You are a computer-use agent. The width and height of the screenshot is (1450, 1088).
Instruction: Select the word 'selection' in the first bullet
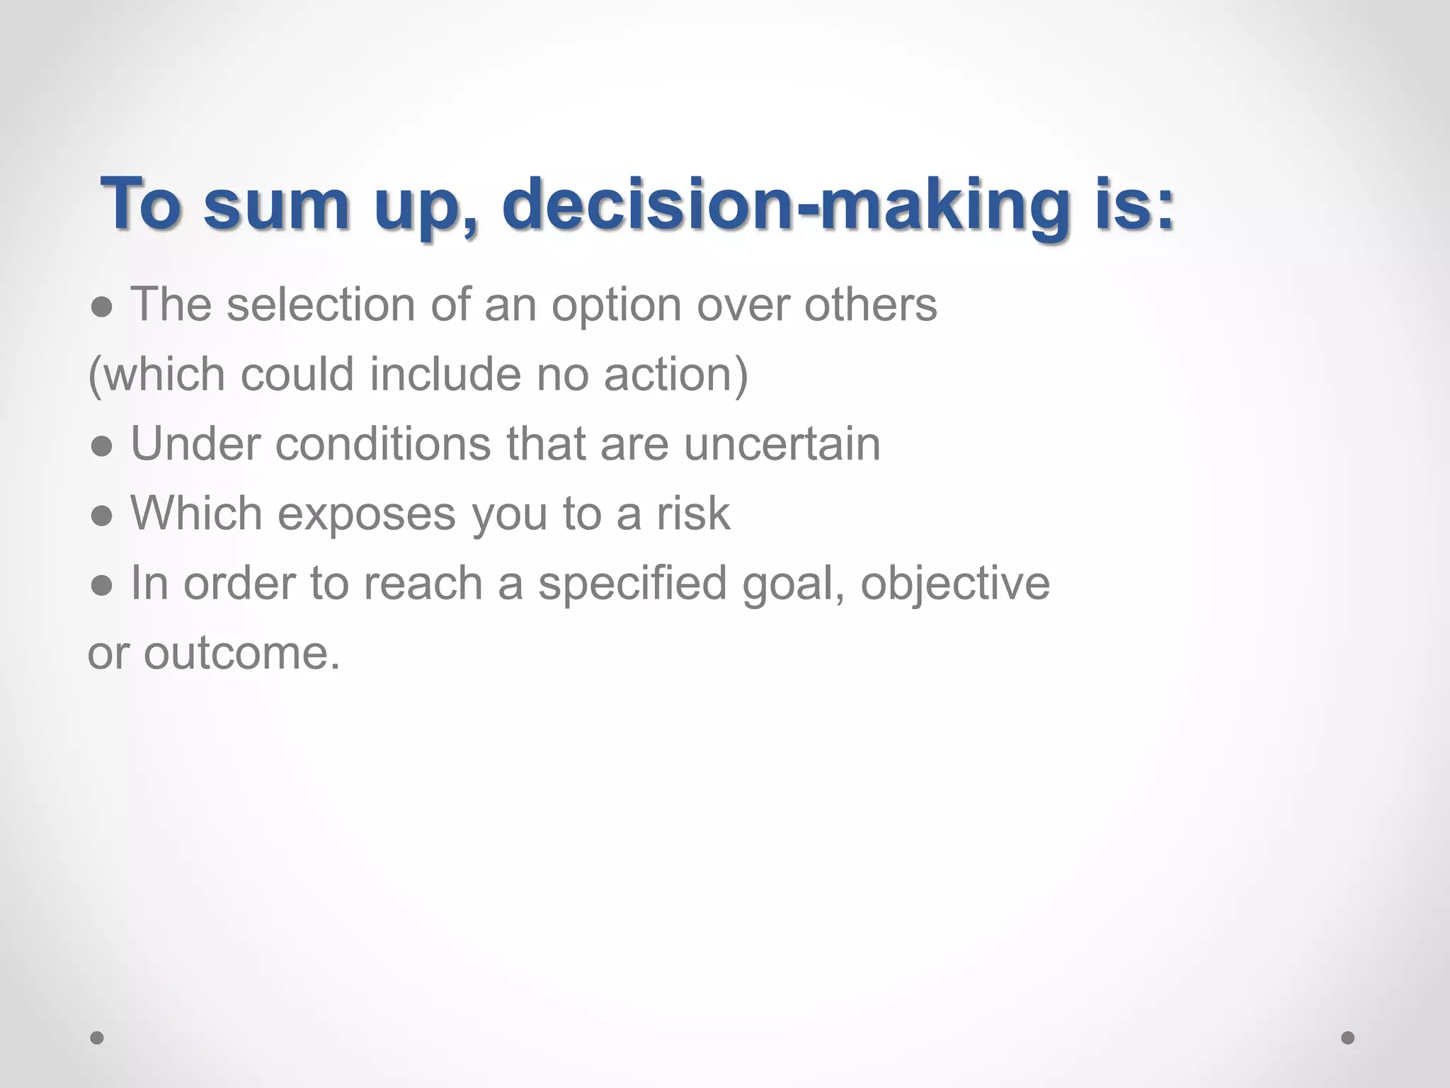[320, 305]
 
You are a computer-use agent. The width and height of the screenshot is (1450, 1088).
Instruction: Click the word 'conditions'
[382, 443]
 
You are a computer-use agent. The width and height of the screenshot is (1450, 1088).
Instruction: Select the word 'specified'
[632, 584]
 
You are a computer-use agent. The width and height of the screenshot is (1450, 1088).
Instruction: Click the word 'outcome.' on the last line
[242, 653]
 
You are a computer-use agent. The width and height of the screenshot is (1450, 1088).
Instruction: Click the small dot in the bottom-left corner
[97, 1038]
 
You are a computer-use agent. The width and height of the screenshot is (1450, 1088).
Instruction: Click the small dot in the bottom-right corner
[1348, 1038]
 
